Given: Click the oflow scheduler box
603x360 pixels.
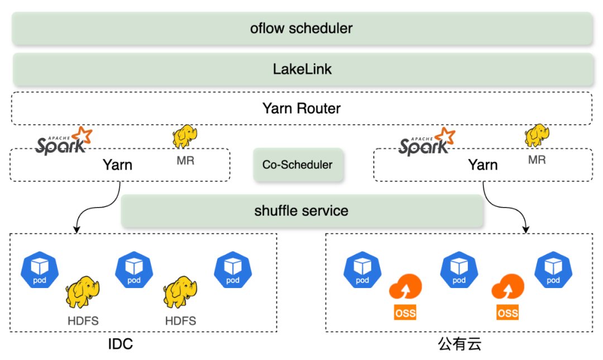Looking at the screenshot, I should (x=301, y=28).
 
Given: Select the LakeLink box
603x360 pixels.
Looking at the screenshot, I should (x=301, y=69).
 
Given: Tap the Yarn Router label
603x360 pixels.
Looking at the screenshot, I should (x=301, y=108).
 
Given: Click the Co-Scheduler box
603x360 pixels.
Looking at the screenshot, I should (x=297, y=165).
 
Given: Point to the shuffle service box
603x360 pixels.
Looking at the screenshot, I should (x=301, y=210).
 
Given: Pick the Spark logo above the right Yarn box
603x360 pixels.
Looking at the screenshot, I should (x=427, y=141).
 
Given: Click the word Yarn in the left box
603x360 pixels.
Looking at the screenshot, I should (x=117, y=165).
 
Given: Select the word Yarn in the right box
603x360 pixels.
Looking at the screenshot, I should (x=482, y=165).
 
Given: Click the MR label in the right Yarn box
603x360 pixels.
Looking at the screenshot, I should (x=537, y=160).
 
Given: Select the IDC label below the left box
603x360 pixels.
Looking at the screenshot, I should (x=121, y=344).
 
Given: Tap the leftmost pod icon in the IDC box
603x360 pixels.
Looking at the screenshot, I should (x=40, y=269).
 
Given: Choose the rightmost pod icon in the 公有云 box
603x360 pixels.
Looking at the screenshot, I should (x=553, y=269).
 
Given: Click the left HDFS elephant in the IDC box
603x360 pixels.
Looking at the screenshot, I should (x=83, y=293).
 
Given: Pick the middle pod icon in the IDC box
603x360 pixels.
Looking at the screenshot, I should (x=134, y=269).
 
